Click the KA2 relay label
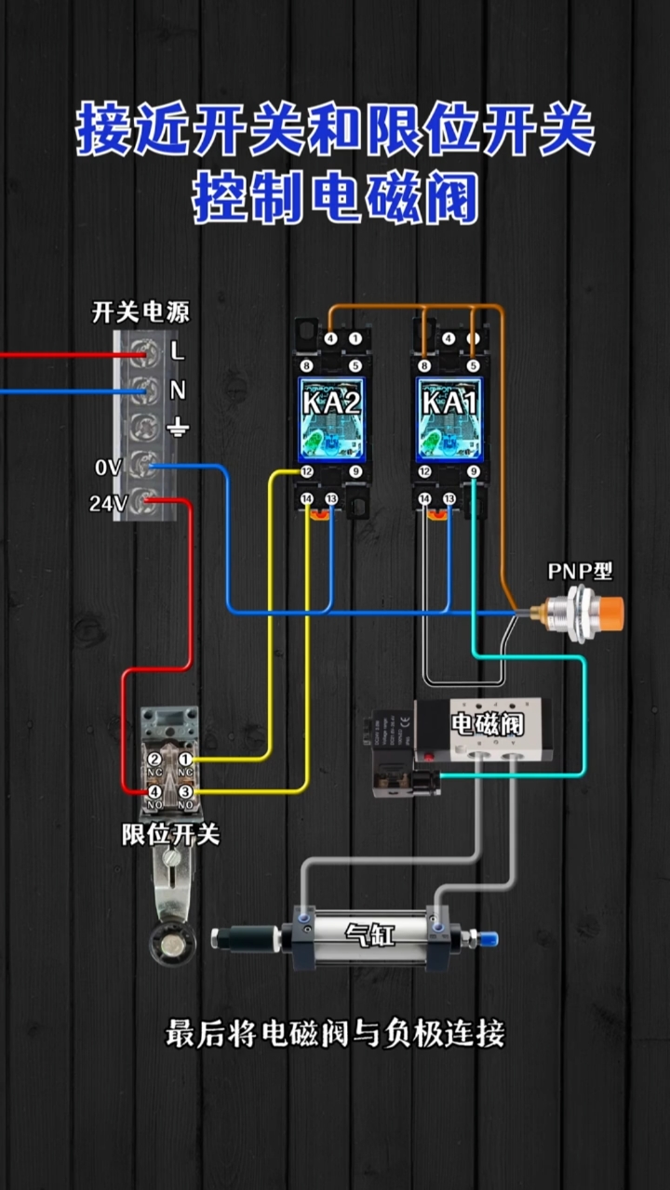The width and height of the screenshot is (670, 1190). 331,402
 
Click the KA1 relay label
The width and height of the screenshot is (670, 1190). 449,402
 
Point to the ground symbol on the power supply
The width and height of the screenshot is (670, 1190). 177,428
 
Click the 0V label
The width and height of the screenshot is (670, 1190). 107,468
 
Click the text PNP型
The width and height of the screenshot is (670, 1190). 580,571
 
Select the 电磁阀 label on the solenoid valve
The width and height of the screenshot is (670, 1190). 487,723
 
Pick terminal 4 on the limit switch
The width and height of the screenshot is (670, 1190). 154,791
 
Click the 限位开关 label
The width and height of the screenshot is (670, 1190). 171,834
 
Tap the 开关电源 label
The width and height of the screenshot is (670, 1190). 141,312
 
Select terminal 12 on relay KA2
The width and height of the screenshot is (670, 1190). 307,472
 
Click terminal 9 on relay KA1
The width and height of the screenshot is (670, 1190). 474,472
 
